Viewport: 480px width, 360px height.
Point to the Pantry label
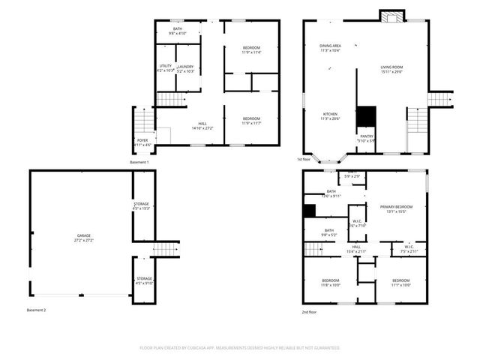(x=365, y=136)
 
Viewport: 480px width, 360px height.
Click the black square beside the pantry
(x=365, y=116)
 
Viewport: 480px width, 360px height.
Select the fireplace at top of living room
(x=391, y=16)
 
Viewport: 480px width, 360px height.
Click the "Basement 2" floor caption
(x=35, y=310)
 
